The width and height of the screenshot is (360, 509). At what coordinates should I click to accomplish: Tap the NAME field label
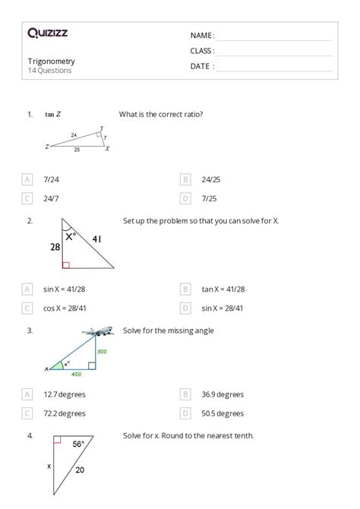202,35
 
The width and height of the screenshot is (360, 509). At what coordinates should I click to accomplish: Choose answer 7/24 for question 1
51,179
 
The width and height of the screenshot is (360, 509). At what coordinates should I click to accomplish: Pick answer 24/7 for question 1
51,198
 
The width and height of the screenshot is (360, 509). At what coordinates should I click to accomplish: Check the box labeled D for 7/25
185,198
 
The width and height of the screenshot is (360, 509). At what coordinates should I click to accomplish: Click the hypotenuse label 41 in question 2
96,239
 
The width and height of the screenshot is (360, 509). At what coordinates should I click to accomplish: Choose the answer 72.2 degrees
65,413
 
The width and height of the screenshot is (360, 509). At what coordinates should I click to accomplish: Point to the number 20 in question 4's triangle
80,469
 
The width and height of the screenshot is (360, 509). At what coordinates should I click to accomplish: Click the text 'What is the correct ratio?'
160,115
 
